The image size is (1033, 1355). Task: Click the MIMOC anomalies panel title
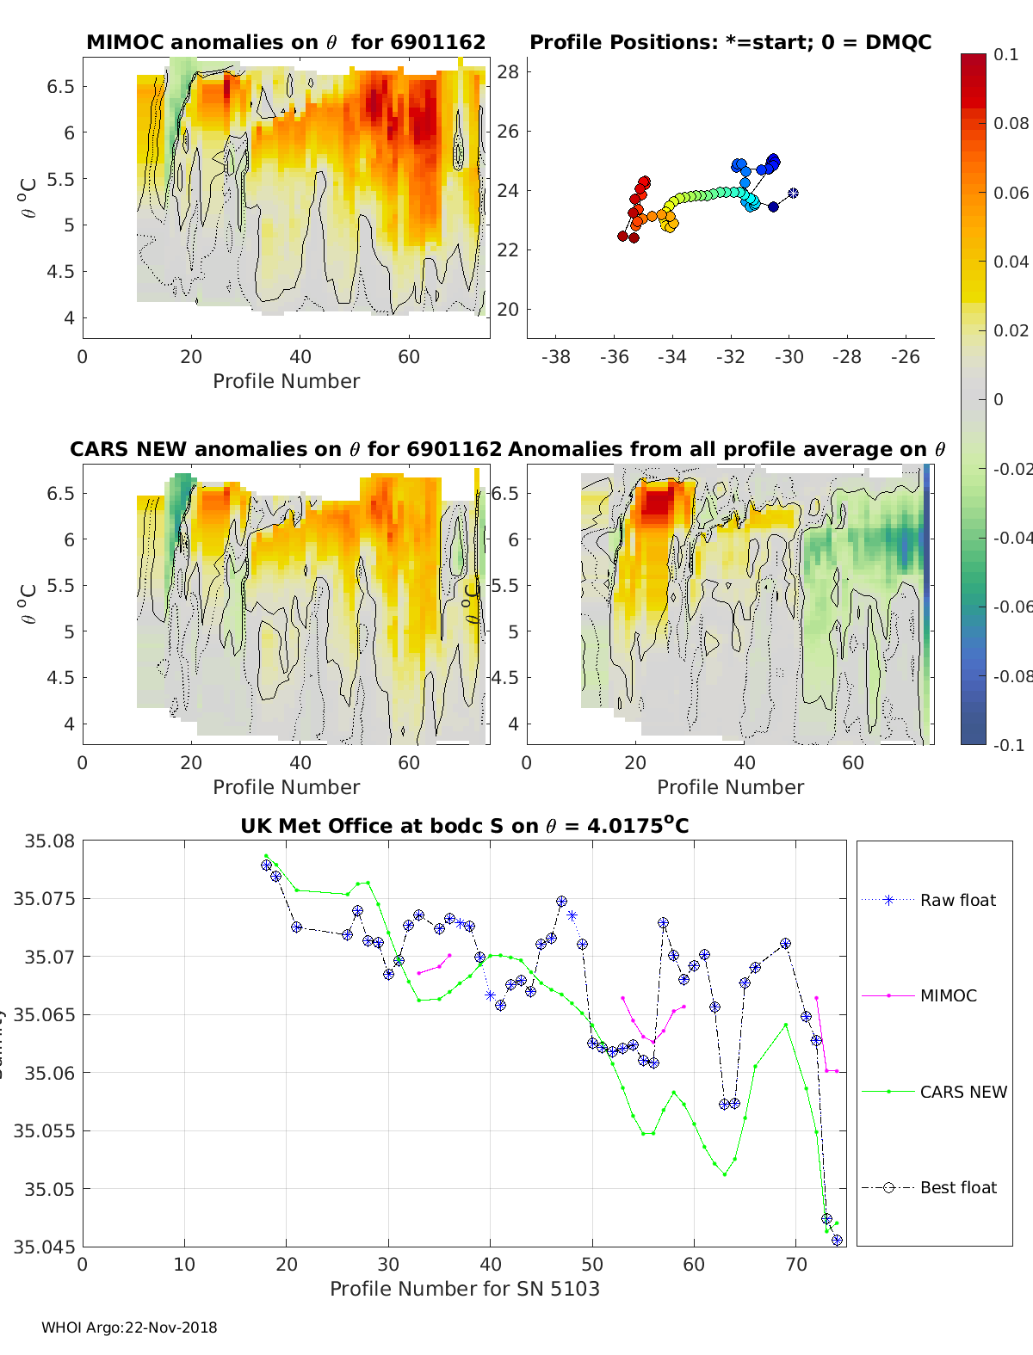286,42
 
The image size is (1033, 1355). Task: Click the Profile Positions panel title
730,42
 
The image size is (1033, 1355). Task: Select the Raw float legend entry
957,900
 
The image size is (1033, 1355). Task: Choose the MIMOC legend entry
948,995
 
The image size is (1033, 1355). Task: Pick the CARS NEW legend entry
962,1092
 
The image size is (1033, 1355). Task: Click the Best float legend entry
958,1187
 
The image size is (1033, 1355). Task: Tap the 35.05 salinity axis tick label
48,1189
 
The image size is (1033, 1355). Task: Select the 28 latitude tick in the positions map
509,71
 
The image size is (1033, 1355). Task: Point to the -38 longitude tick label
556,356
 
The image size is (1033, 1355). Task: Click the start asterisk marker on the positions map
793,193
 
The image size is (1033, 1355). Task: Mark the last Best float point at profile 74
837,1240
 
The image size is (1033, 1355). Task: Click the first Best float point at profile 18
266,865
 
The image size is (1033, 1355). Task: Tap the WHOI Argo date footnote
129,1327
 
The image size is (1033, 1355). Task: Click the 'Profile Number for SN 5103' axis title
464,1289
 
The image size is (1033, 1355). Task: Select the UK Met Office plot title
464,826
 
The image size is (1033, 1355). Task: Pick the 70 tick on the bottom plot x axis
796,1264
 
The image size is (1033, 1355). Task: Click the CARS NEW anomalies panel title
285,449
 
